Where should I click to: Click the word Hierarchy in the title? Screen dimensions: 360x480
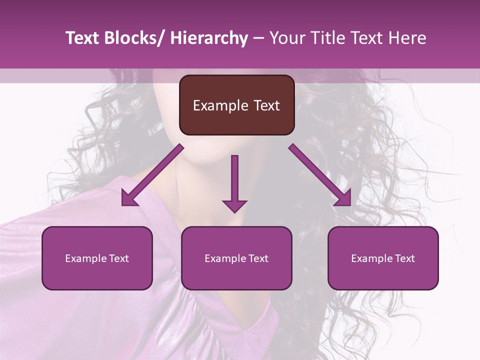tap(209, 38)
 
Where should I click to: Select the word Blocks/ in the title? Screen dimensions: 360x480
tap(131, 38)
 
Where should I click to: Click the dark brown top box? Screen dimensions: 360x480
tap(236, 105)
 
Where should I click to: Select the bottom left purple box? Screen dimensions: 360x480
tap(97, 258)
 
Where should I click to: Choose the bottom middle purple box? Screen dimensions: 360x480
tap(236, 258)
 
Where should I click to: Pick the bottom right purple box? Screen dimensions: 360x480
tap(383, 258)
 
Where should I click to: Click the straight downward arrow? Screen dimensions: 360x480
tap(234, 182)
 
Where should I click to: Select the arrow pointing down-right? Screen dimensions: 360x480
tap(320, 175)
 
